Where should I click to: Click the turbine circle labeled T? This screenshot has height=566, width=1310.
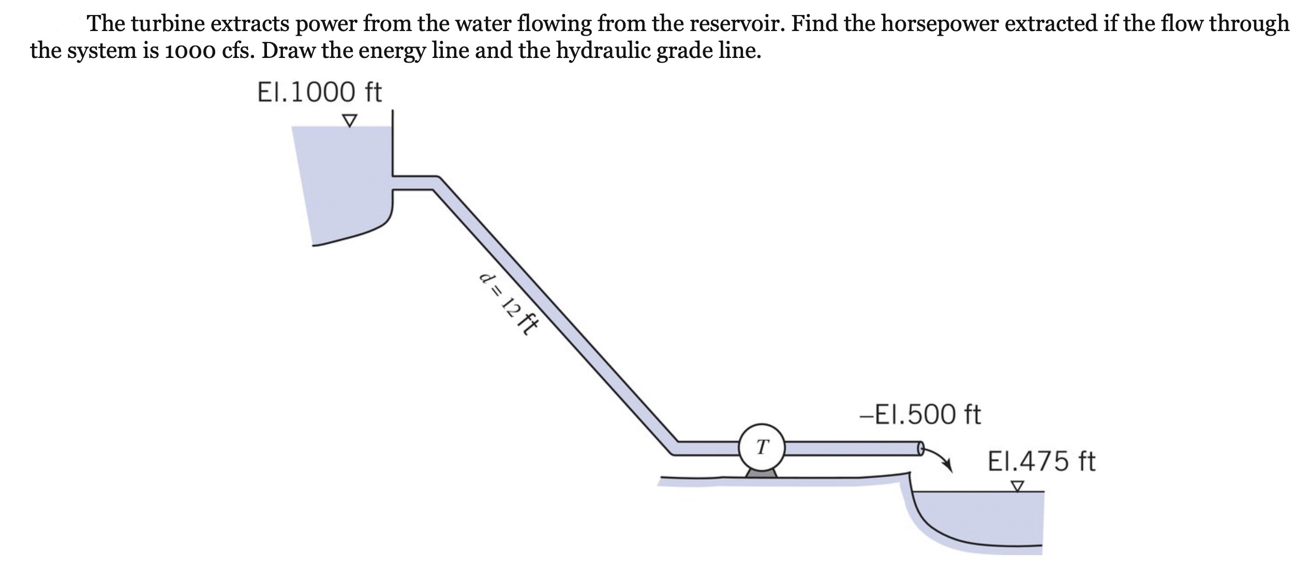[762, 447]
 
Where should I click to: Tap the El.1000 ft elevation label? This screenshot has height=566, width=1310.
[319, 93]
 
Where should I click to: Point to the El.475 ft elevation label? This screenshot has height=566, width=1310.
[1041, 461]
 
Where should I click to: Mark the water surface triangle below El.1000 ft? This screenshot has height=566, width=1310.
[350, 121]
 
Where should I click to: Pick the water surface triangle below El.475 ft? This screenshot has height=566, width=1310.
[1018, 487]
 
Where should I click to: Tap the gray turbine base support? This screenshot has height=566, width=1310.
[761, 473]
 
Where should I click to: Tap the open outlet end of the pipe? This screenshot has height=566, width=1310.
[920, 448]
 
